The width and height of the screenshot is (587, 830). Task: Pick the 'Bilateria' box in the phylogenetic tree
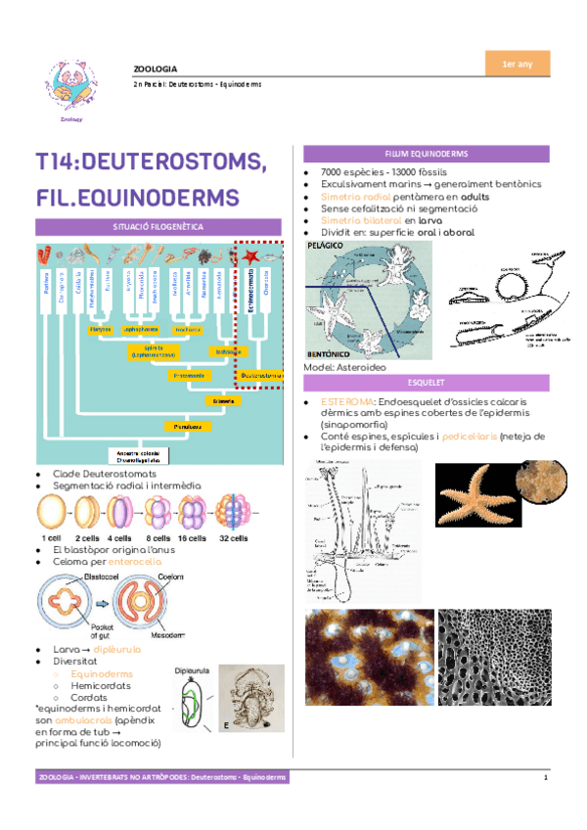[222, 401]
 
